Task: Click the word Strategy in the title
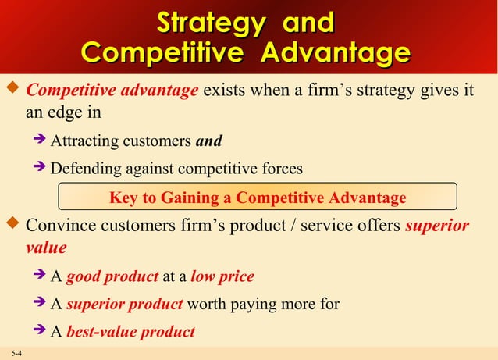coord(208,22)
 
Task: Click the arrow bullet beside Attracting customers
coord(41,141)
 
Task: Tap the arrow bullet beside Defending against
coord(41,169)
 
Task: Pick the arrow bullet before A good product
coord(41,276)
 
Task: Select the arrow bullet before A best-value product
coord(41,332)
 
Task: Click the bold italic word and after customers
coord(208,141)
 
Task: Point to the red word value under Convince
coord(45,248)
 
